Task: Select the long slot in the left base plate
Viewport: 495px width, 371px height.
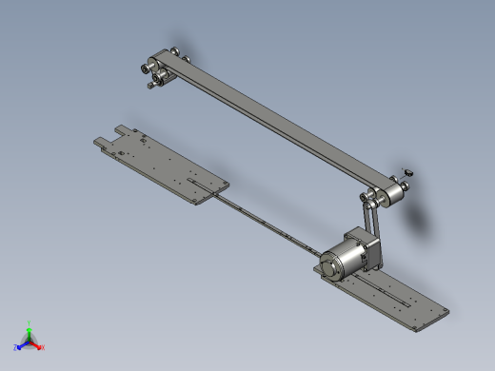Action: click(198, 180)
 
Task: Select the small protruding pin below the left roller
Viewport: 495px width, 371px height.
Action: click(151, 86)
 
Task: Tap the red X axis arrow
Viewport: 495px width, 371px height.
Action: click(37, 344)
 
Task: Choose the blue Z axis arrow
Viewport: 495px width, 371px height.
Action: click(22, 344)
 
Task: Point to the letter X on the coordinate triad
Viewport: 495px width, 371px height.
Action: click(43, 348)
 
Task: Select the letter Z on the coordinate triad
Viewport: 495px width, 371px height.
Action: click(16, 348)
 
